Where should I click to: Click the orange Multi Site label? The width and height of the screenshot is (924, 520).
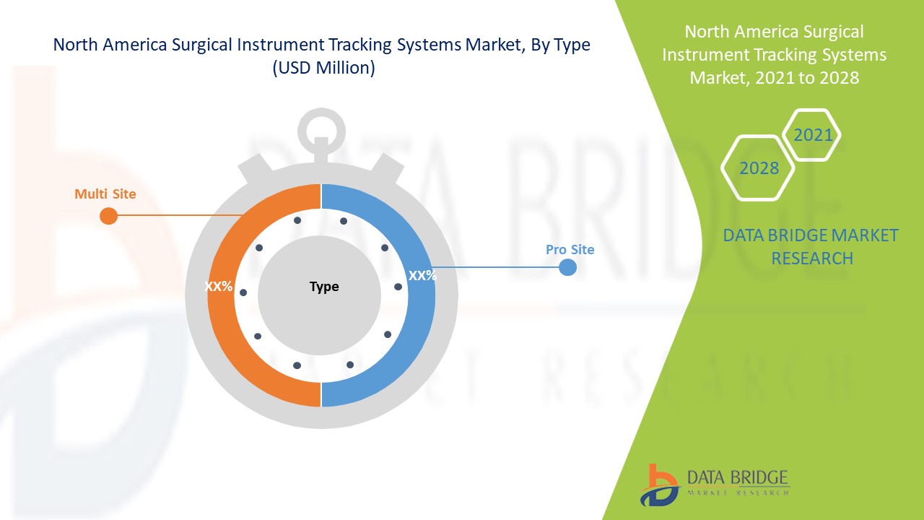tap(105, 194)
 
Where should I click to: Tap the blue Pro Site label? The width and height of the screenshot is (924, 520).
tap(570, 250)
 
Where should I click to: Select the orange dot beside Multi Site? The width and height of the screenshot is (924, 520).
tap(108, 216)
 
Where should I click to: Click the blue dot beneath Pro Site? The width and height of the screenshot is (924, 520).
tap(568, 267)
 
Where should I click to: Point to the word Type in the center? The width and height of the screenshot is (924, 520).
tap(324, 287)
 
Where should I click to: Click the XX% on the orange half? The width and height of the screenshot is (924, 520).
tap(218, 287)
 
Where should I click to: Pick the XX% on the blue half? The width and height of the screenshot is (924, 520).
tap(422, 275)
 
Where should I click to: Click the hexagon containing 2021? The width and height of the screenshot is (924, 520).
tap(813, 135)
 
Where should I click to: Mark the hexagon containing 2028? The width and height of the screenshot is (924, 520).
tap(759, 168)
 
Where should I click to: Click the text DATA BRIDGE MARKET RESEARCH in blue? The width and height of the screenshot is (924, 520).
tap(811, 246)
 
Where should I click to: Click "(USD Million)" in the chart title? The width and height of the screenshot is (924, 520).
tap(322, 69)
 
